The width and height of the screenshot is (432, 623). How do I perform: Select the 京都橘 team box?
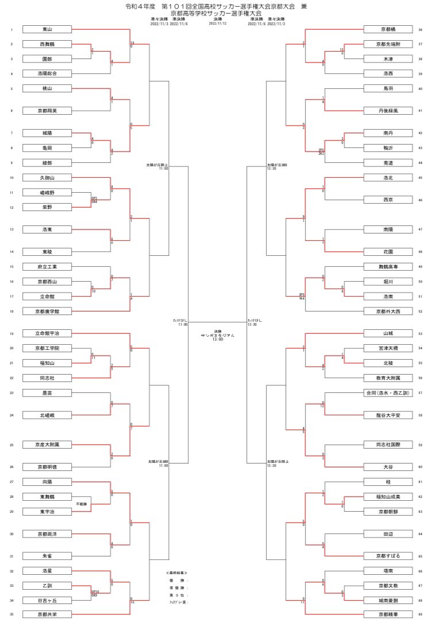tap(388, 29)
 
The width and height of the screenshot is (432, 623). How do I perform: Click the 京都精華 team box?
tap(388, 614)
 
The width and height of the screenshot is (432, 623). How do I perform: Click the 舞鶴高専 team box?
tap(388, 267)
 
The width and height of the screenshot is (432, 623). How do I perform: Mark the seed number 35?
tap(11, 614)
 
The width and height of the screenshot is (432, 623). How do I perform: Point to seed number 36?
tap(421, 29)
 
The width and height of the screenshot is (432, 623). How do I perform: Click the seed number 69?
tap(421, 614)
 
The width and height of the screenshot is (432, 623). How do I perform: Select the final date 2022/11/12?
tap(218, 24)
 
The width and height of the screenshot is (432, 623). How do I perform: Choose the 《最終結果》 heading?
tap(177, 573)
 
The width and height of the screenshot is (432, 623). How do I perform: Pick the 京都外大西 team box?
tap(388, 311)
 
